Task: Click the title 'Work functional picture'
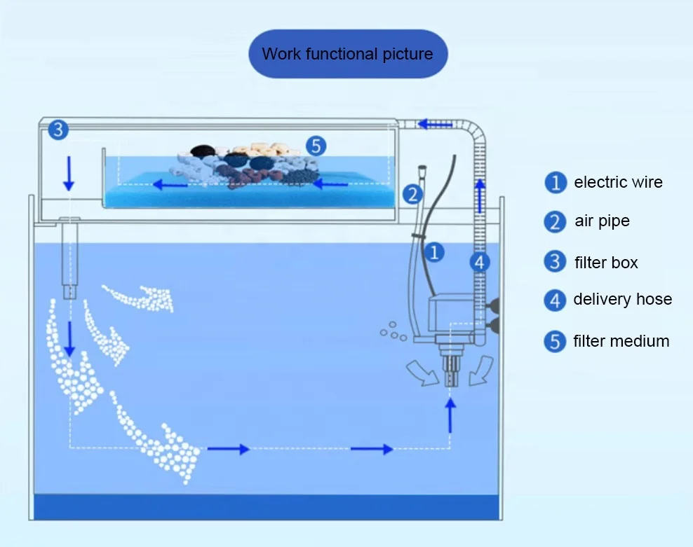point(347,54)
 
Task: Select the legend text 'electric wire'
point(617,183)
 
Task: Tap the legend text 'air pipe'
point(601,221)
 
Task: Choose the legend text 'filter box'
point(605,263)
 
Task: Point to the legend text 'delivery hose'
point(622,300)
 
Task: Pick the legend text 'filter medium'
point(621,342)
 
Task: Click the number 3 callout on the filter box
point(58,130)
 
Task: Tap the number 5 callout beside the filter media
point(316,146)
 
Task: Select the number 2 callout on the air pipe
point(413,195)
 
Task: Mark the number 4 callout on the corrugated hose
point(479,263)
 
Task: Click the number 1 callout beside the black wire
point(435,252)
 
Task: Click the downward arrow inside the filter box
point(69,173)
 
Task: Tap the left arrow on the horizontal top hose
point(436,125)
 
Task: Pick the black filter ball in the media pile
point(202,151)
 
